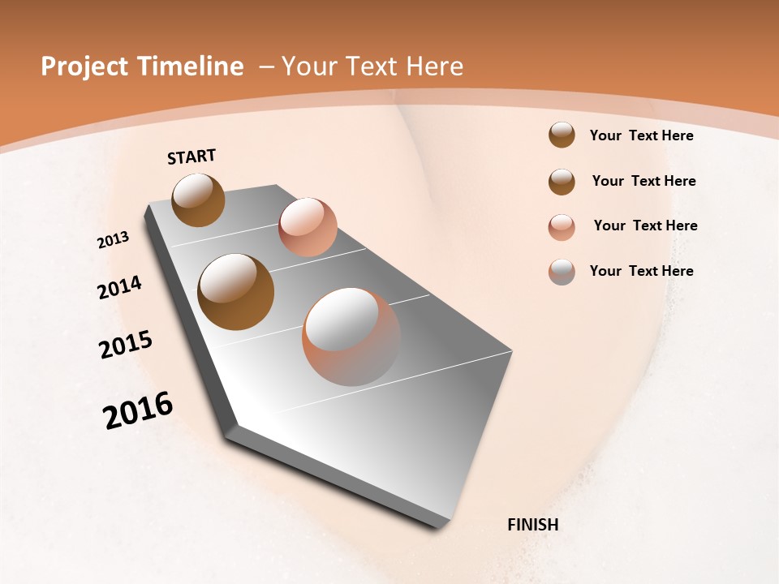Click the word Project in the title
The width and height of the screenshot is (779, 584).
click(84, 67)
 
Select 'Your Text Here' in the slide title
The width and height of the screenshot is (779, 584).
click(372, 67)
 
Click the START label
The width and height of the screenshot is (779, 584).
click(192, 157)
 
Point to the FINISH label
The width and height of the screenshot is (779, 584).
click(533, 525)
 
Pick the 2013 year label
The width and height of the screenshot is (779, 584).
click(114, 240)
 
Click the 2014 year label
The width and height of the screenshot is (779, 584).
click(120, 287)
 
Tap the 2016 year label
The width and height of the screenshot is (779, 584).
click(138, 410)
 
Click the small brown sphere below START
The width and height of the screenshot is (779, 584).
click(199, 200)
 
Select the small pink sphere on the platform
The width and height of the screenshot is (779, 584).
click(308, 227)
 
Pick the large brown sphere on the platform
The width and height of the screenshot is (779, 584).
click(236, 291)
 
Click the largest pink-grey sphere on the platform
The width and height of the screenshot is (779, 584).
click(351, 337)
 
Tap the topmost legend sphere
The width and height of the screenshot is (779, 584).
click(562, 135)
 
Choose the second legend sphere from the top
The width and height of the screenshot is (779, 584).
click(562, 182)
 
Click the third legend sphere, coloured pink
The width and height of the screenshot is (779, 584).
click(562, 226)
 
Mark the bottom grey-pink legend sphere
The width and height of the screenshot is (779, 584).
click(562, 272)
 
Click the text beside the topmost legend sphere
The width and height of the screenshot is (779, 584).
click(642, 135)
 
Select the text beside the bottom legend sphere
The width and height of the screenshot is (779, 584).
click(642, 271)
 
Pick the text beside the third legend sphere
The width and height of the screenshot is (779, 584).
click(646, 225)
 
